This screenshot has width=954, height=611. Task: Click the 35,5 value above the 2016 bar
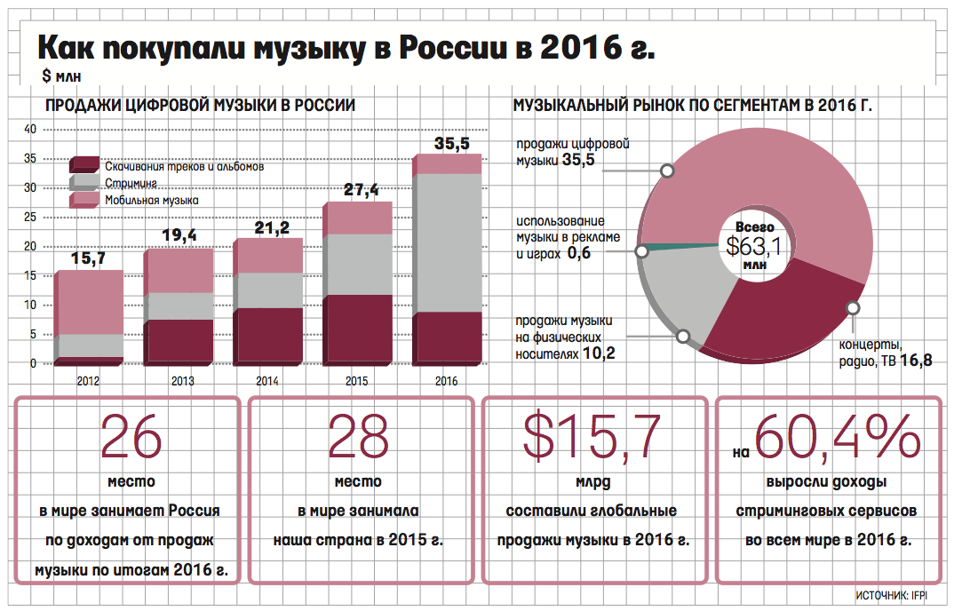pyautogui.click(x=451, y=143)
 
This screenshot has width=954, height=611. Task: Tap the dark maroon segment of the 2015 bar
pyautogui.click(x=357, y=329)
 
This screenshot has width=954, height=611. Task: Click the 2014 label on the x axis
pyautogui.click(x=267, y=381)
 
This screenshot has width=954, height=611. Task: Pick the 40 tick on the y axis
pyautogui.click(x=29, y=130)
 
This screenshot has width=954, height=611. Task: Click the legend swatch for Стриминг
pyautogui.click(x=83, y=183)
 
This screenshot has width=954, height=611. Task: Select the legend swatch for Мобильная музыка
pyautogui.click(x=83, y=201)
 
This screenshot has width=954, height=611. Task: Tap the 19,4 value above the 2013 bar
pyautogui.click(x=179, y=236)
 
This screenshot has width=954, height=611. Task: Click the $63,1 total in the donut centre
pyautogui.click(x=754, y=245)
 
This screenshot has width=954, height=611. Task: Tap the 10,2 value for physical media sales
pyautogui.click(x=600, y=354)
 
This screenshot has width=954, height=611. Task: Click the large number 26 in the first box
pyautogui.click(x=131, y=436)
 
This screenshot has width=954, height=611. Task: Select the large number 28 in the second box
pyautogui.click(x=358, y=436)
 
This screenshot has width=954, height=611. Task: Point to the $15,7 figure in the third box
pyautogui.click(x=592, y=436)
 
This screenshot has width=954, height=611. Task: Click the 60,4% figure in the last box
pyautogui.click(x=837, y=436)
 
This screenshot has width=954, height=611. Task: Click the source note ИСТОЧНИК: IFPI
pyautogui.click(x=892, y=595)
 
